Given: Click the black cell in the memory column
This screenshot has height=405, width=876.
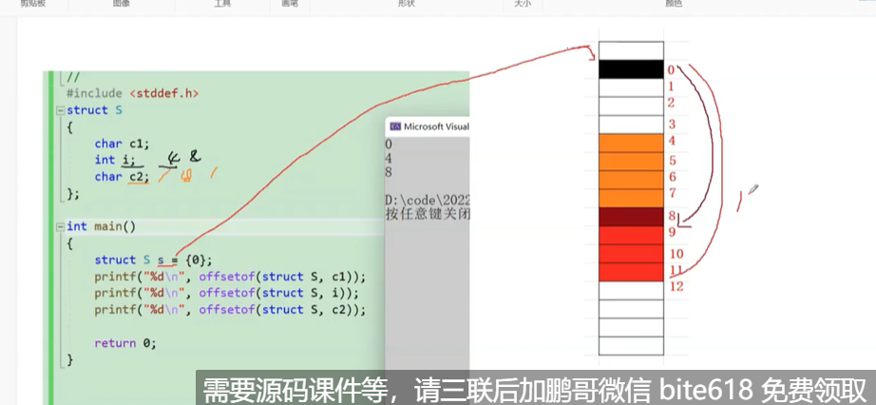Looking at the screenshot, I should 630,69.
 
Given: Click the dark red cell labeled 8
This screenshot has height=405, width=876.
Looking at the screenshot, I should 630,217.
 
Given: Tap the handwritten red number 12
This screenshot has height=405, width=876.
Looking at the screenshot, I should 676,286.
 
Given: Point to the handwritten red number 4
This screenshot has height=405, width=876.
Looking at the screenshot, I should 672,142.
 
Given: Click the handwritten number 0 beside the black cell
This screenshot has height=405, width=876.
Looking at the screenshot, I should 671,70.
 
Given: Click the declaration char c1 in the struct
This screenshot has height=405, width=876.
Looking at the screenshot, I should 122,144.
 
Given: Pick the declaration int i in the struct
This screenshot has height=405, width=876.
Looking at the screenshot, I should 116,160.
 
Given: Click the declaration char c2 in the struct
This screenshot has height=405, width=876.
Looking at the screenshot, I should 122,176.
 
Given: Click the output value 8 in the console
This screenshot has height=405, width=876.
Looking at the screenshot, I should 389,173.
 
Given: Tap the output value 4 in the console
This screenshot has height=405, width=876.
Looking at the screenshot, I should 389,159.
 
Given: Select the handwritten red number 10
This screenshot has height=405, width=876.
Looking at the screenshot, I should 676,254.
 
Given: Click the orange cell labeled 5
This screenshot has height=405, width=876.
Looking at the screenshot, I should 630,161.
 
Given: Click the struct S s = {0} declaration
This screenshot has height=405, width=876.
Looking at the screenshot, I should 153,260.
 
